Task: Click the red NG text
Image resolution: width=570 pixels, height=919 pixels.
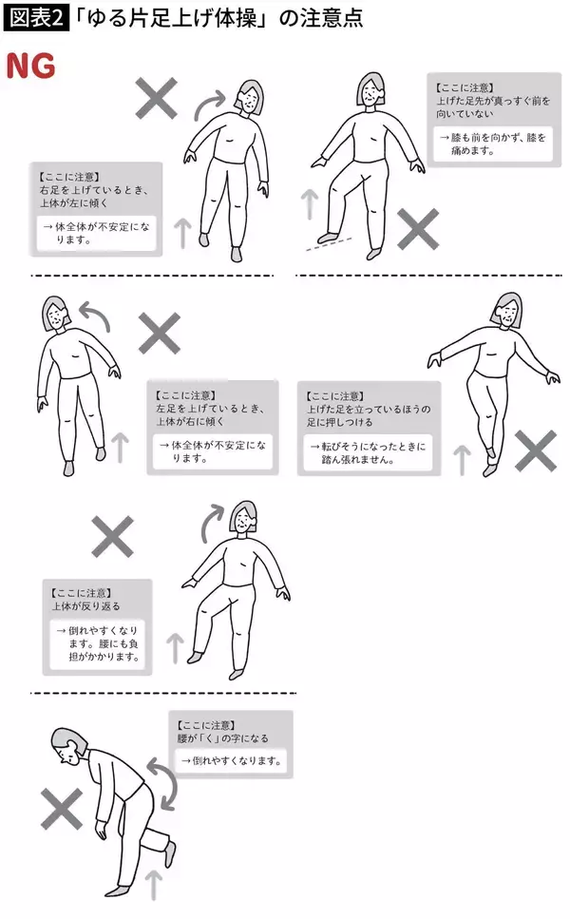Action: click(x=30, y=66)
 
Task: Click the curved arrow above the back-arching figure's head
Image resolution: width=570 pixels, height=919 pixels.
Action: click(x=211, y=522)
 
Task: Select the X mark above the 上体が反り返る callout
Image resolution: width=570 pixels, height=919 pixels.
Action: click(x=113, y=537)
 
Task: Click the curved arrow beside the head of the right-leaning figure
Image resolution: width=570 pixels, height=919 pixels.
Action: click(x=92, y=310)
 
